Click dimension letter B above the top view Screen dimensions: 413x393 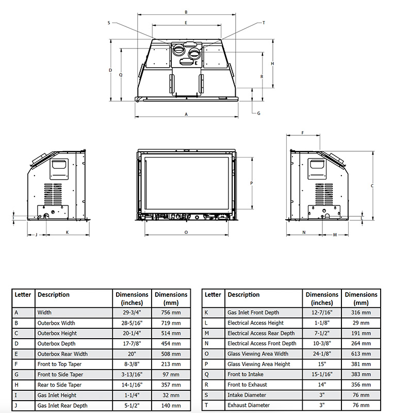[186, 12]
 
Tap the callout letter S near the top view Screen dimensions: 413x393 [109, 23]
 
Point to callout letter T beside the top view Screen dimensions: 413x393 [264, 23]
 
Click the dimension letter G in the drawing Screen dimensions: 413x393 [258, 113]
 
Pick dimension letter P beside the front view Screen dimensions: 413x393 [251, 183]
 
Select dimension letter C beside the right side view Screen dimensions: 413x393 [372, 185]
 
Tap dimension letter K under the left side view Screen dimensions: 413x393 [67, 232]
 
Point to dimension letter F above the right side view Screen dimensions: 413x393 [303, 133]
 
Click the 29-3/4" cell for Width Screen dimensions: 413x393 [132, 312]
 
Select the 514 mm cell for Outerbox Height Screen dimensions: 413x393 [171, 333]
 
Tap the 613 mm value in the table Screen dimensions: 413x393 [361, 354]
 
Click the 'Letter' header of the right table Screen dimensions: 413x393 [212, 295]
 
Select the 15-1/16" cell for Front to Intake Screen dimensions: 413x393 [322, 374]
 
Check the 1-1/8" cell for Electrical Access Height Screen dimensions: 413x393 [322, 323]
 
